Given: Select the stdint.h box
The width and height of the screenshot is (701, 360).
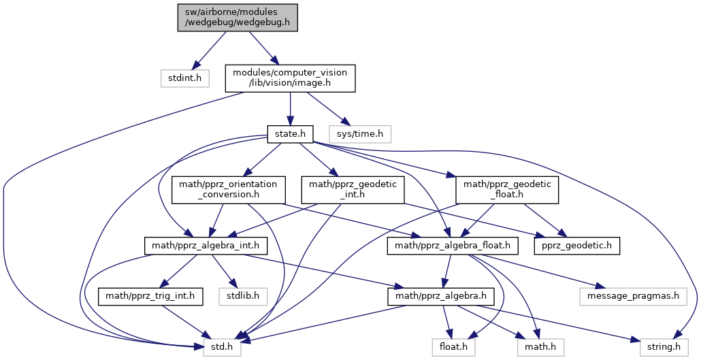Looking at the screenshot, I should tap(185, 78).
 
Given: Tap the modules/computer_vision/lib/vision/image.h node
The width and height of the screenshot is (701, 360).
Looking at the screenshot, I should tap(290, 78).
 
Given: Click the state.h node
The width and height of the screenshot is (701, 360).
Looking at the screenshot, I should tap(290, 134).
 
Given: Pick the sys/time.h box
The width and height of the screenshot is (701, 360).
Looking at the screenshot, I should tap(360, 134).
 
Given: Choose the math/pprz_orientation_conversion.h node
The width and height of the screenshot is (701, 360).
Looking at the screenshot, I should tap(228, 189).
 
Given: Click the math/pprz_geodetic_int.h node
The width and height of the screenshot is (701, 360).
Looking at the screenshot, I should tap(353, 189).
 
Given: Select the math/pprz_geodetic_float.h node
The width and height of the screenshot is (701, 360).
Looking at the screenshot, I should tap(506, 189).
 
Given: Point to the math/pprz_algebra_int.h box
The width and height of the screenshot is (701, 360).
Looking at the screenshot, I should tap(205, 245).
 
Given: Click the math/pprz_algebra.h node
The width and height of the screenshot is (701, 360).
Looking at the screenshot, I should tap(436, 296).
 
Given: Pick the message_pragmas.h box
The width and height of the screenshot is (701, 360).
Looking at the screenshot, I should tap(634, 296).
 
